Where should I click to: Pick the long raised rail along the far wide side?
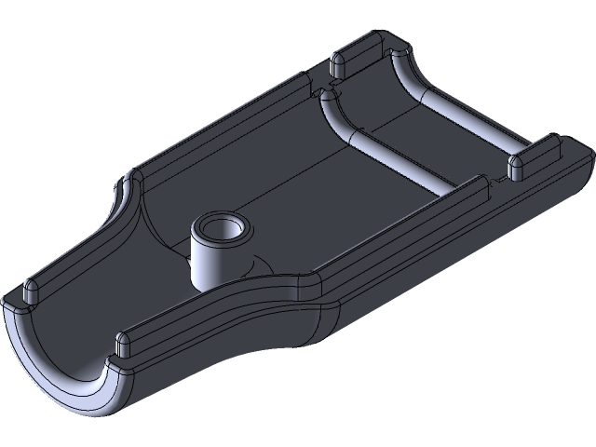tap(223, 125)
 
